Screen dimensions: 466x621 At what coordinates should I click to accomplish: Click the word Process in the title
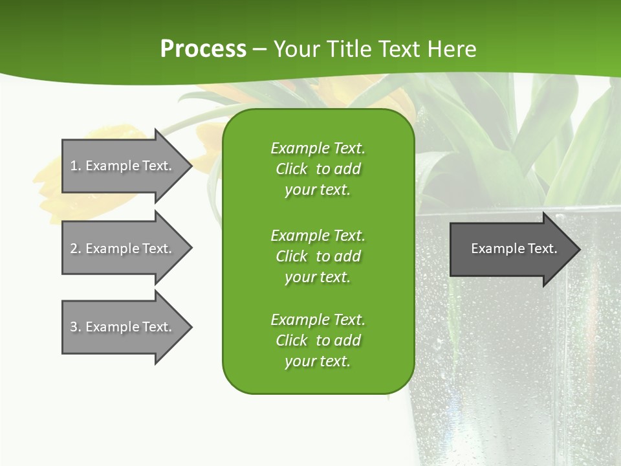pos(203,49)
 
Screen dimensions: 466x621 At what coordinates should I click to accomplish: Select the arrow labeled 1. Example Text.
pos(123,166)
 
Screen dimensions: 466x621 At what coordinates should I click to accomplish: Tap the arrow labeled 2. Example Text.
pos(123,249)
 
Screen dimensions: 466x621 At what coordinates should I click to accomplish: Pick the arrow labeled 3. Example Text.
pos(123,327)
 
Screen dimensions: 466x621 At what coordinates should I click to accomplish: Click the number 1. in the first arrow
pos(76,166)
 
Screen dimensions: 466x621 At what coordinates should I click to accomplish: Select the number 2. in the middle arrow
pos(76,249)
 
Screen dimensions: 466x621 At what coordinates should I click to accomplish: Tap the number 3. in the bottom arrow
pos(76,327)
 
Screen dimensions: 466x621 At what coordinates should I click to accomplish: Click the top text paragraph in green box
pos(318,169)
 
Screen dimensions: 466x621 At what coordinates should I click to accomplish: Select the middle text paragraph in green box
pos(318,256)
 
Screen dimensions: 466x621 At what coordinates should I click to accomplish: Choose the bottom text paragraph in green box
pos(318,340)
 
